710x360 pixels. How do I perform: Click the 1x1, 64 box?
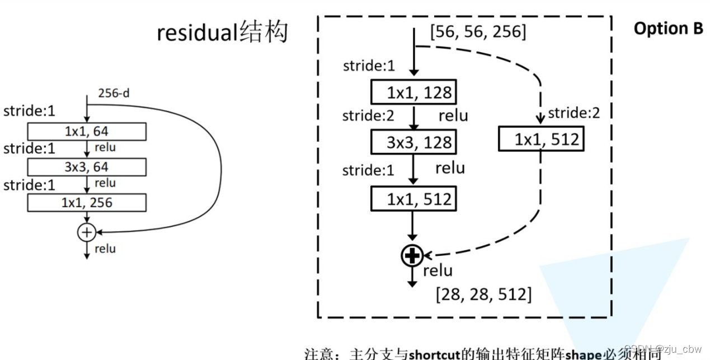point(87,132)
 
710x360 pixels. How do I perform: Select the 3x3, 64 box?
point(87,167)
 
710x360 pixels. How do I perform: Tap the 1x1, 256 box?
point(87,203)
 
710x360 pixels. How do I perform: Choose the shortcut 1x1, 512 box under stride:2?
point(540,139)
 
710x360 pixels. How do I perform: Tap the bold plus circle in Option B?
point(412,256)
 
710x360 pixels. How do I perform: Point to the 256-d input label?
point(114,93)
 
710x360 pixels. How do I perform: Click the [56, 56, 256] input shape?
point(478,32)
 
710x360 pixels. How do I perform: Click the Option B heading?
point(668,29)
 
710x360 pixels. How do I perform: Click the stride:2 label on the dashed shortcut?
point(573,114)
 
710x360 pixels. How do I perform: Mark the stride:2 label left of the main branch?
point(369,116)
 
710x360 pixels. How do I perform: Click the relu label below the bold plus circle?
point(438,271)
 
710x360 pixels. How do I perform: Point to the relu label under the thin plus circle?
point(105,248)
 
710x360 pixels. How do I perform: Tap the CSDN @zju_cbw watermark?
point(663,349)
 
